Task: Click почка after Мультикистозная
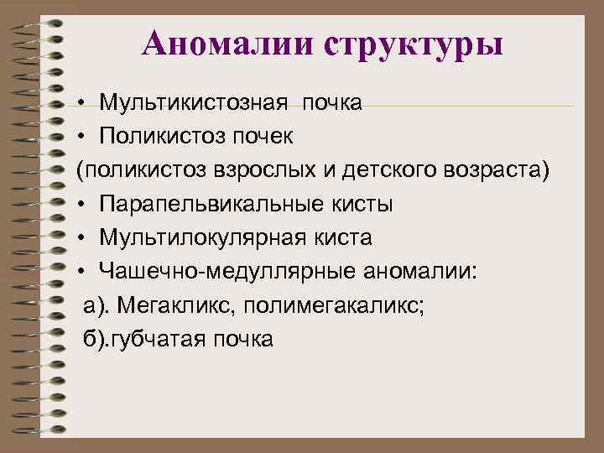tap(332, 102)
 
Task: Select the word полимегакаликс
tap(335, 306)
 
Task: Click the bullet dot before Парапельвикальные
tap(85, 206)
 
